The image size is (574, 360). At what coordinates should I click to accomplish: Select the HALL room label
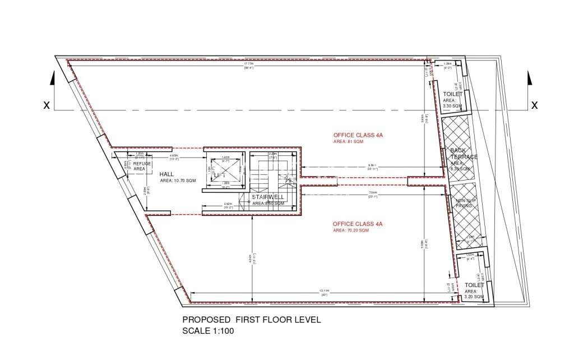click(167, 174)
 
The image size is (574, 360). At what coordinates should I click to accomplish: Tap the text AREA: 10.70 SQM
click(178, 181)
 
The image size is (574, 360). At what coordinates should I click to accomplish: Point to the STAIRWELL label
click(268, 197)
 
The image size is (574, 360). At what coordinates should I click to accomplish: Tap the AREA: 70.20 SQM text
click(351, 230)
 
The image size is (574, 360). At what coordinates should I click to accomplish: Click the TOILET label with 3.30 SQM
click(452, 95)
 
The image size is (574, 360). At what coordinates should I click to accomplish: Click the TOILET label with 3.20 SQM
click(474, 285)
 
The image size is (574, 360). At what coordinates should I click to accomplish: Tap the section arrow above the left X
click(52, 79)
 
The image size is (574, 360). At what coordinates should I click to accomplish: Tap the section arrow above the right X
click(529, 79)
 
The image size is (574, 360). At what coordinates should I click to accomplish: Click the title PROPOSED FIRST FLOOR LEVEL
click(252, 320)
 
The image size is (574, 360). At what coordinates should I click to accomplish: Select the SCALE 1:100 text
click(208, 331)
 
